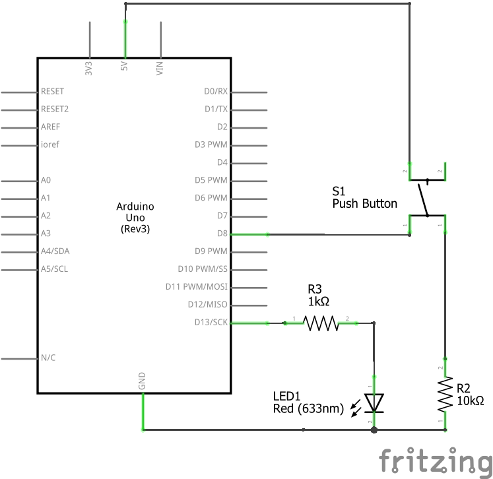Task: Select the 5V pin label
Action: pos(124,68)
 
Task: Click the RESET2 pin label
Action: pos(55,109)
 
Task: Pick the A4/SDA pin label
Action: pos(55,251)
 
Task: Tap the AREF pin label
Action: pos(51,127)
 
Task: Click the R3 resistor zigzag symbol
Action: pos(320,323)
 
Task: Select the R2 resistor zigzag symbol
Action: pos(445,395)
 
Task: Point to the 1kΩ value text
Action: pos(318,301)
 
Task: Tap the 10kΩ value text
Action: pos(471,400)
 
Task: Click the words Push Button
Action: pos(364,204)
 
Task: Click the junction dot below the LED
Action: pos(374,430)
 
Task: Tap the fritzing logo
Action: pos(435,461)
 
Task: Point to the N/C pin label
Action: pos(48,358)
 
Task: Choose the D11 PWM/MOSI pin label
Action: pos(197,287)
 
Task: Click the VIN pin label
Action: pos(160,68)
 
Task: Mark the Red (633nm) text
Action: pos(308,409)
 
